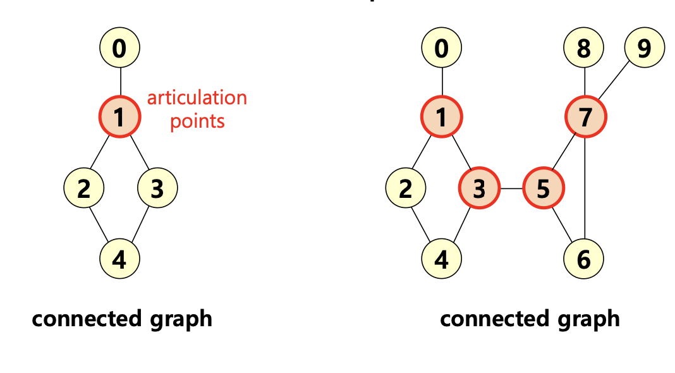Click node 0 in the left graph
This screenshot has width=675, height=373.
tap(119, 48)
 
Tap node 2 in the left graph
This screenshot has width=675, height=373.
tap(83, 188)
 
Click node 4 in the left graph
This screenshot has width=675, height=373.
tap(119, 259)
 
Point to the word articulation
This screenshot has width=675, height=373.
tap(197, 98)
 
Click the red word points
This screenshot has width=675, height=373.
tap(197, 121)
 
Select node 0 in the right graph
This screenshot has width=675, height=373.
tap(442, 48)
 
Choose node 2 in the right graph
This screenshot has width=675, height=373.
tap(405, 188)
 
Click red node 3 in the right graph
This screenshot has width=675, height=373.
tap(479, 188)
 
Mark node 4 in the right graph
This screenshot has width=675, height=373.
tap(442, 259)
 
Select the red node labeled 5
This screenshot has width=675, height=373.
tap(544, 188)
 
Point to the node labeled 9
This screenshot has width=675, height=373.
tap(644, 48)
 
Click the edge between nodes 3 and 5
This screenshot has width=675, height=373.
tap(511, 188)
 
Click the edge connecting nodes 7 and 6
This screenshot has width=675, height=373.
tap(585, 190)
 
